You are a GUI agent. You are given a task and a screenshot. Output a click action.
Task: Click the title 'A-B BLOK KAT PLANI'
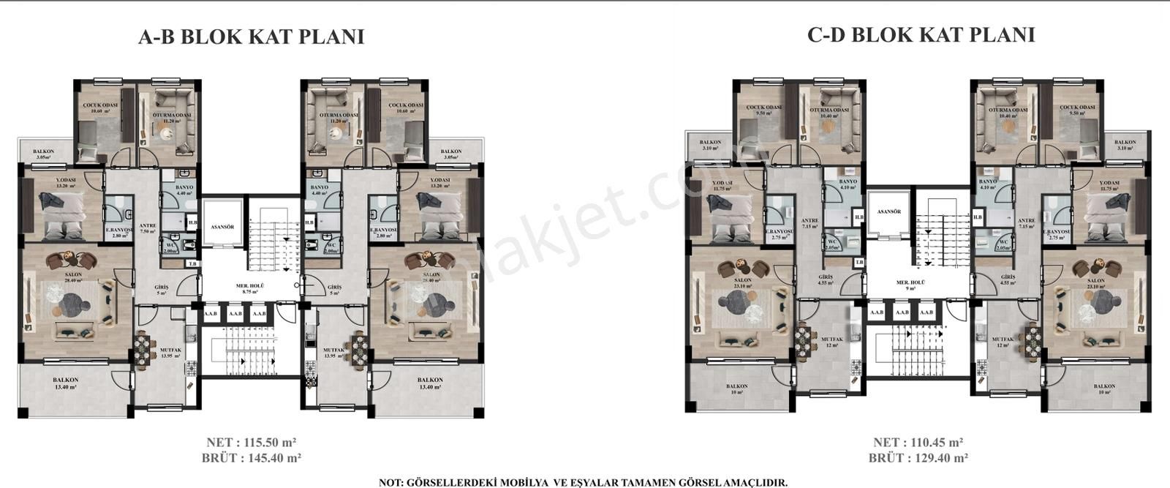(x=251, y=37)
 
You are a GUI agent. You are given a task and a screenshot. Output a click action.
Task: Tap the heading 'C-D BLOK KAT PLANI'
(x=921, y=34)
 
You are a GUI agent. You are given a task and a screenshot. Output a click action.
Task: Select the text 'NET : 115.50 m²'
(x=252, y=443)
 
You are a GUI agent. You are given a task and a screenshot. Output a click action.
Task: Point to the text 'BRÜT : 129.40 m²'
(x=918, y=459)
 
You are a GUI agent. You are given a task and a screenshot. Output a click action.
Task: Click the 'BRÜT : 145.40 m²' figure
(x=252, y=459)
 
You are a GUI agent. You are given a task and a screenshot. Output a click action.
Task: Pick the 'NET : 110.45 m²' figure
(x=918, y=443)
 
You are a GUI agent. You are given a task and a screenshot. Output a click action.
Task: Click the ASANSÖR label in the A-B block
(x=222, y=228)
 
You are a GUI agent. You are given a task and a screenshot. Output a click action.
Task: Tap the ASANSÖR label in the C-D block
(x=888, y=211)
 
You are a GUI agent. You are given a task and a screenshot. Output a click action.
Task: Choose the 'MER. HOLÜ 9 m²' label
(x=911, y=285)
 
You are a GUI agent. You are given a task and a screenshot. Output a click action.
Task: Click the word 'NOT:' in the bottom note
(x=392, y=483)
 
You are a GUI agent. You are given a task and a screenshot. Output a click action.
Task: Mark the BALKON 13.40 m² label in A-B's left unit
(x=65, y=383)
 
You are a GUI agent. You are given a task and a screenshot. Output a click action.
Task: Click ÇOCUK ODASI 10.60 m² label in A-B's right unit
(x=406, y=108)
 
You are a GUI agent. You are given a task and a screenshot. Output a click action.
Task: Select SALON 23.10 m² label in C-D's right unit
(x=1095, y=284)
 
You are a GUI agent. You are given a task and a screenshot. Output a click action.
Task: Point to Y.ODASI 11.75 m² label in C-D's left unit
(x=722, y=186)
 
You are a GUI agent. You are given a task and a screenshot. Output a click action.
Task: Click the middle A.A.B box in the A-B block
(x=235, y=314)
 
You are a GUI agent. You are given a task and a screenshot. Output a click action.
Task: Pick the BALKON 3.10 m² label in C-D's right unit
(x=1125, y=145)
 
